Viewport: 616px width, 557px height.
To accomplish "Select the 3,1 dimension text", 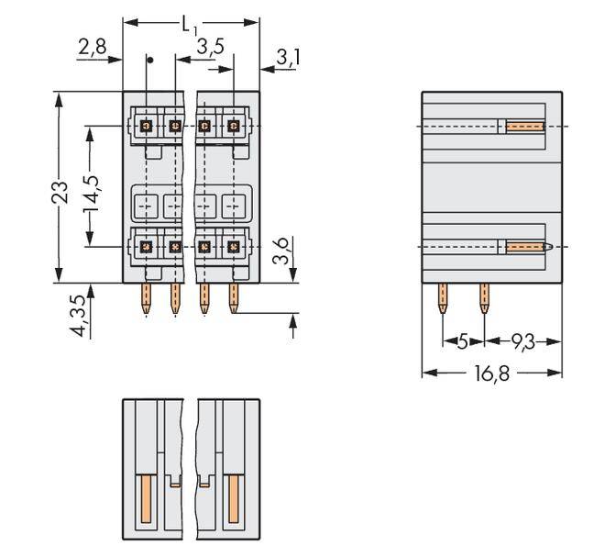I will point(288,59).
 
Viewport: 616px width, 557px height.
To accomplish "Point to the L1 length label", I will point(191,25).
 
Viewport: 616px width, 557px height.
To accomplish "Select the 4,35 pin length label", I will point(81,315).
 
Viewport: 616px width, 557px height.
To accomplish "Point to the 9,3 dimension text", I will point(523,341).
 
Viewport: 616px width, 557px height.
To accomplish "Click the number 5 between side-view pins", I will point(463,341).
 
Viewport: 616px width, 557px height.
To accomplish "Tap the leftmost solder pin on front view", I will point(146,298).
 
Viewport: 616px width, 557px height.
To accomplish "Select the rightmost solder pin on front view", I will point(233,298).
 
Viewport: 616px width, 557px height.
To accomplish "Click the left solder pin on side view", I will point(444,298).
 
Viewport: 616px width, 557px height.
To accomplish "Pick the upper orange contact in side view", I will point(525,127).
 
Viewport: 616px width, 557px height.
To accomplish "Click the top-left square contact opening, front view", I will point(146,126).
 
